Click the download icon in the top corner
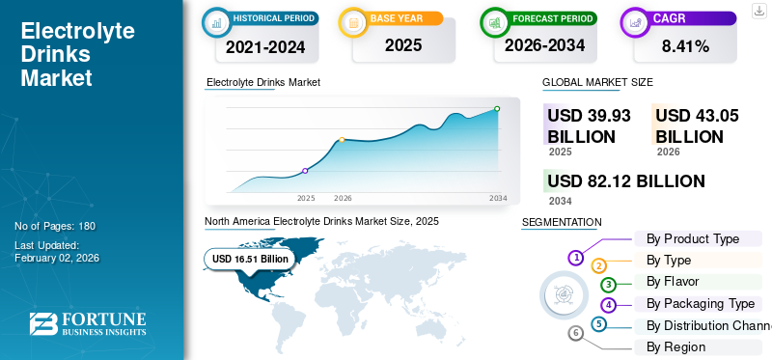(758, 11)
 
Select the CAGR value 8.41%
(685, 45)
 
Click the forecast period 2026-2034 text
(545, 45)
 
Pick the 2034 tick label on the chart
(498, 198)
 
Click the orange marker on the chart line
(343, 140)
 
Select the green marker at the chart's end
(497, 109)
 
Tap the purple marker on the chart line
(306, 171)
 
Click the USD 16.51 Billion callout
(250, 259)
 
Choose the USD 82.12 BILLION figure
(625, 181)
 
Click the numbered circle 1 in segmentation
(576, 257)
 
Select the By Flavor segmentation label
(673, 282)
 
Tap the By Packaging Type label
(701, 303)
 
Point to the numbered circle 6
(576, 333)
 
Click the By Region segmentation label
(675, 346)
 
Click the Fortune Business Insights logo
(88, 324)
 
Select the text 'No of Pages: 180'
(55, 226)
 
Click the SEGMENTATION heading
(562, 222)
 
